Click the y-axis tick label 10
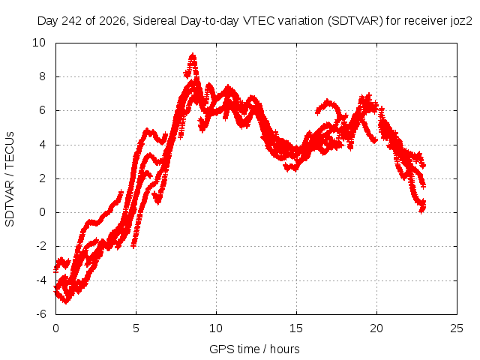click(x=39, y=43)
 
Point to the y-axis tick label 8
click(x=42, y=76)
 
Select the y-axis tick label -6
click(x=40, y=314)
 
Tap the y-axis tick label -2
click(x=40, y=246)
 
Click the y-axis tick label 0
click(x=42, y=212)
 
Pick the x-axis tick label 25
click(x=457, y=328)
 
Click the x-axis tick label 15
click(x=296, y=328)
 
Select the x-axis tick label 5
click(x=136, y=328)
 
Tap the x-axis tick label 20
click(x=376, y=328)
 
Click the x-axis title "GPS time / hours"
click(x=254, y=349)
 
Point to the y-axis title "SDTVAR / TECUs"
click(x=10, y=179)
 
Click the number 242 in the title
click(x=72, y=21)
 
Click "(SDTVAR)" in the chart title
click(x=355, y=21)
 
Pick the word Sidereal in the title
click(x=155, y=21)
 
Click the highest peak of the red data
click(x=193, y=55)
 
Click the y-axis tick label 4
click(x=42, y=145)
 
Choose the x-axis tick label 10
click(x=216, y=328)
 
